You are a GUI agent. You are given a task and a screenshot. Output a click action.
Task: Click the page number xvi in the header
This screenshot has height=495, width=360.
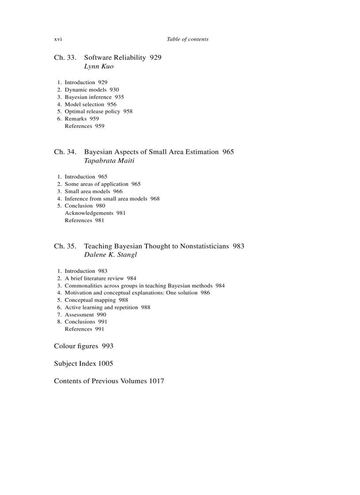tap(58, 39)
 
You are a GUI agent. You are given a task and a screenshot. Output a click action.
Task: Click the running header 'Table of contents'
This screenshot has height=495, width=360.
tap(187, 39)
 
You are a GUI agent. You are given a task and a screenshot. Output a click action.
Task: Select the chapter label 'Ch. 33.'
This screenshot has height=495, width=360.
tap(65, 58)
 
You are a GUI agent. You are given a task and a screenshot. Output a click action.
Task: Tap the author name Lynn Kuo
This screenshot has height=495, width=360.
tap(99, 67)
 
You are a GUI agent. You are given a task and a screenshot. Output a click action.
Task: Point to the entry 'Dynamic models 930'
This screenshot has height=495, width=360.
tap(92, 90)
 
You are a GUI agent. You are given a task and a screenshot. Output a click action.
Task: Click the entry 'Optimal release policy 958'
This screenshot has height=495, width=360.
tap(98, 112)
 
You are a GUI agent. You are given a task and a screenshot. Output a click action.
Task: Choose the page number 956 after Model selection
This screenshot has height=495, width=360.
tap(112, 104)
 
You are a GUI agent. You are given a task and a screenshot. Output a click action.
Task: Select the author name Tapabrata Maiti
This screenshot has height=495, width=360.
tap(109, 161)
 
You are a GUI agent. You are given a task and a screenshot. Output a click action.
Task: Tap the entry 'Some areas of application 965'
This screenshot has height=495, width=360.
tap(102, 184)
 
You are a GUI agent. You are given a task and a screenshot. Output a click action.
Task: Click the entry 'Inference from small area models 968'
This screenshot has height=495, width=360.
tap(112, 199)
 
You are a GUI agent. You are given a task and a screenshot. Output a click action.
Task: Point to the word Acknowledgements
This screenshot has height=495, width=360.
tap(89, 213)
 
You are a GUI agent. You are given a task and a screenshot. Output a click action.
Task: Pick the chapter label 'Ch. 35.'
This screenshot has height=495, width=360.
tap(65, 246)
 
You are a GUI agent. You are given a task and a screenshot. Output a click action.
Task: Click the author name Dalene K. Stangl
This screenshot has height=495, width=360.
tap(110, 255)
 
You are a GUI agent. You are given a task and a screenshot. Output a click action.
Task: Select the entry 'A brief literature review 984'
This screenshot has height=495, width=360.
tap(100, 279)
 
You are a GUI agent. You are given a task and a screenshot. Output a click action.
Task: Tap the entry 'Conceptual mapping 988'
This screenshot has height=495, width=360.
tap(96, 300)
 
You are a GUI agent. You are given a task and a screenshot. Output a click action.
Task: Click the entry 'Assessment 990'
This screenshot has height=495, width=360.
tap(85, 315)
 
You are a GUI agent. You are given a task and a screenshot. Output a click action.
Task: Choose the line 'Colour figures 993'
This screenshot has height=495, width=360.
tap(83, 346)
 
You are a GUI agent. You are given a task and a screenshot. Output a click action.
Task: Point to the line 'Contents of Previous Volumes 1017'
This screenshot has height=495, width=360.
tap(109, 381)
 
